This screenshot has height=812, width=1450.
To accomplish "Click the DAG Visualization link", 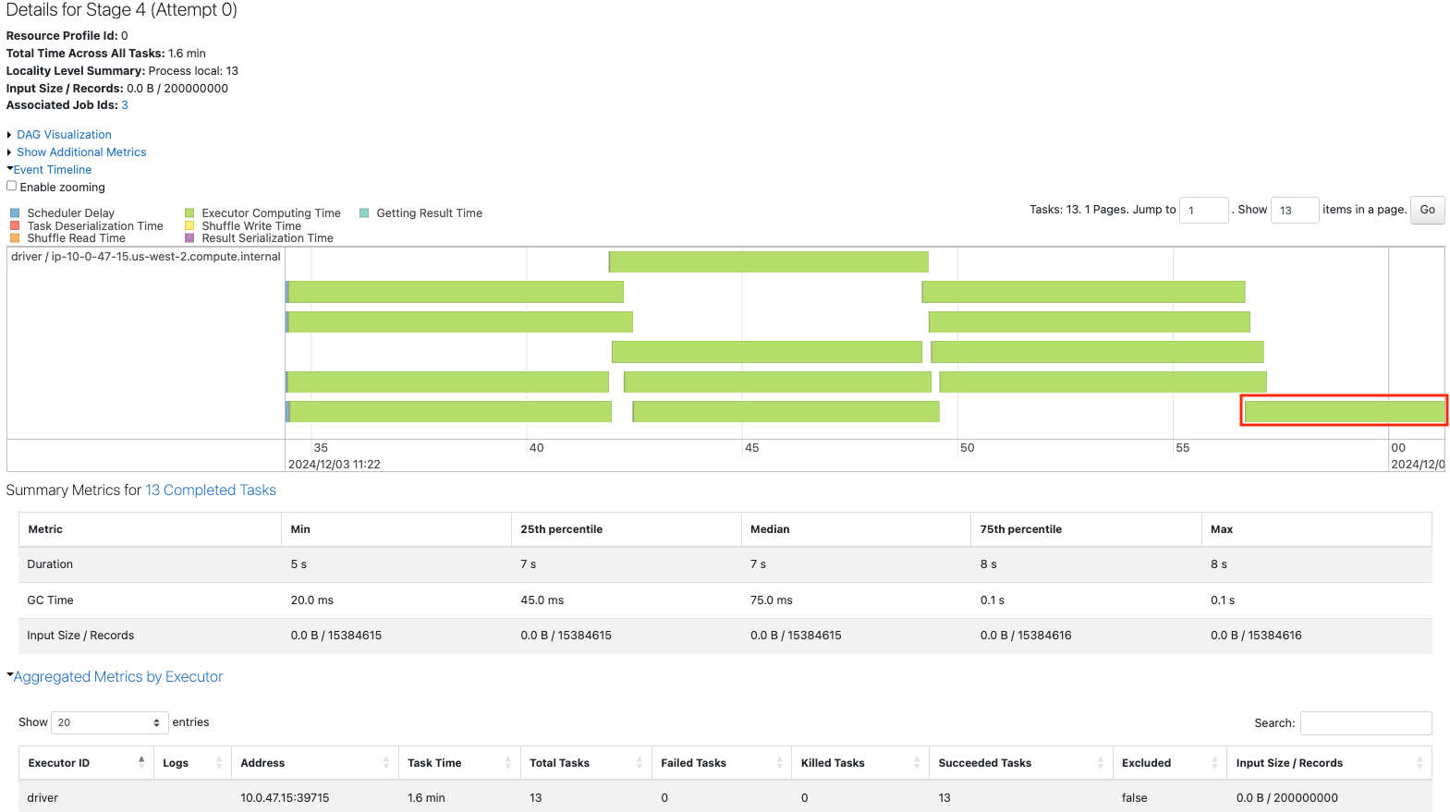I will (64, 135).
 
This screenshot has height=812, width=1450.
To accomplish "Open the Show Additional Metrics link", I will (81, 152).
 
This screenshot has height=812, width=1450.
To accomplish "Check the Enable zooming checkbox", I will (12, 187).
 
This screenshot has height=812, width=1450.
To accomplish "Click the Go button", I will (1427, 210).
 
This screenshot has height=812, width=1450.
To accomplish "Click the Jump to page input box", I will (1203, 211).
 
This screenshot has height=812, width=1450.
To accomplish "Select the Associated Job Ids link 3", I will (125, 105).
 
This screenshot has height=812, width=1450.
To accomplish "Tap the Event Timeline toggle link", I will (53, 170).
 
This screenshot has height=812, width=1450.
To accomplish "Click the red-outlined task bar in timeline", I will (1344, 410).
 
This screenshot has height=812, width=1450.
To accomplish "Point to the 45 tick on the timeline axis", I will (751, 448).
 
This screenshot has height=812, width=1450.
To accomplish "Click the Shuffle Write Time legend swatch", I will (189, 225).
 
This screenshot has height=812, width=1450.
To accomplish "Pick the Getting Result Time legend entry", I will (429, 213).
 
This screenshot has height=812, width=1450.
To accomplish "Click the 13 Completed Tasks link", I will (211, 491).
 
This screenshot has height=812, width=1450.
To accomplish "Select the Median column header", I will (770, 529).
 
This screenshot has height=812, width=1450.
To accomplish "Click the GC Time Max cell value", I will (1222, 600).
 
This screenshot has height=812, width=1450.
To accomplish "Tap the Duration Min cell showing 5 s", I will (299, 564).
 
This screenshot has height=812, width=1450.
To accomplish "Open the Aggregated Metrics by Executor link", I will (118, 677).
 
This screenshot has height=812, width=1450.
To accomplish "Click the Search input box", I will (1365, 723).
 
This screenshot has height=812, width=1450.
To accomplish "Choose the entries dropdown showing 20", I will (109, 722).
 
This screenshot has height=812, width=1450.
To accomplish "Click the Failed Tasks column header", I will (693, 763).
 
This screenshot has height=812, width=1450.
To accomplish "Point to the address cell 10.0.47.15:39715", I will (285, 798).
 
